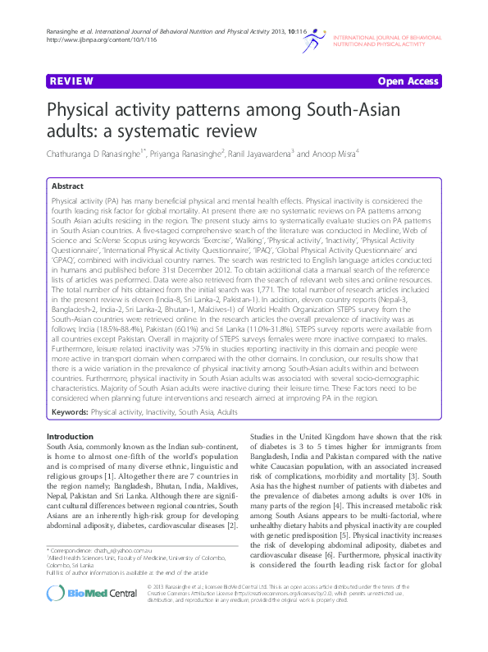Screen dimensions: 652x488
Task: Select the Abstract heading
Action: (x=69, y=187)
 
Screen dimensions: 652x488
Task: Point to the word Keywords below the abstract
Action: (x=70, y=411)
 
